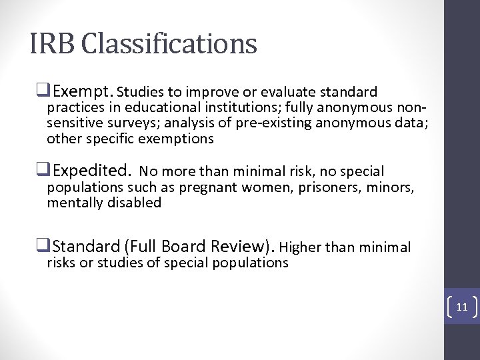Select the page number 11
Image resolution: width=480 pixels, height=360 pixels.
461,307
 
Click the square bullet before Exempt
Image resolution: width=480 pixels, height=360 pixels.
47,91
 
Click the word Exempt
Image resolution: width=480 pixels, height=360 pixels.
82,91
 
